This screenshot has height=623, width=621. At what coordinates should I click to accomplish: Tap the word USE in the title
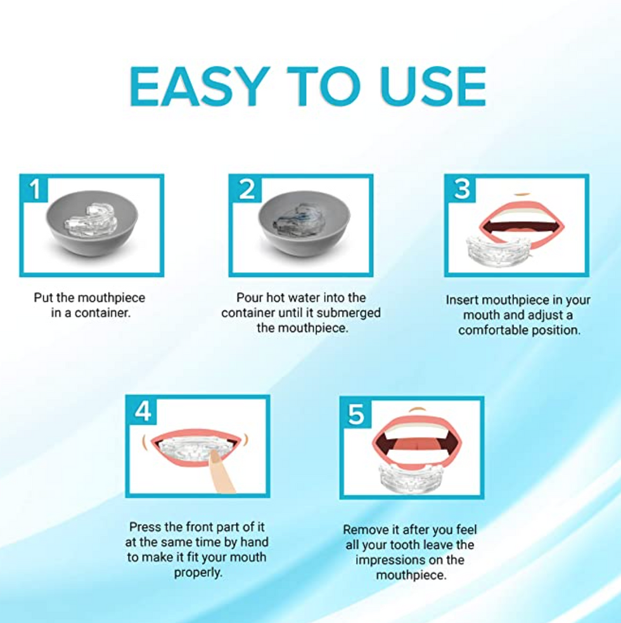coord(432,87)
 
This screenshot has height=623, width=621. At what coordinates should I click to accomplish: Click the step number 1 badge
coord(35,188)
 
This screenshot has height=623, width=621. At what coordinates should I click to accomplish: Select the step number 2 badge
coord(246,188)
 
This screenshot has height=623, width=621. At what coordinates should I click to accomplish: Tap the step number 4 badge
coord(143,411)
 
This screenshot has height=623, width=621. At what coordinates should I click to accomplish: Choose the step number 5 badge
coord(356,413)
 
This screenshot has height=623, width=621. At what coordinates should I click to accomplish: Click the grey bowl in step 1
coord(92,223)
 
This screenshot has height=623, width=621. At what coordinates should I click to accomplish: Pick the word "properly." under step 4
coord(198,572)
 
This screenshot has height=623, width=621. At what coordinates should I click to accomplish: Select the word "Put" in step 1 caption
coord(43,298)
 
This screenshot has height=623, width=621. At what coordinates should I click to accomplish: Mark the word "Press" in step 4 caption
coord(145,527)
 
